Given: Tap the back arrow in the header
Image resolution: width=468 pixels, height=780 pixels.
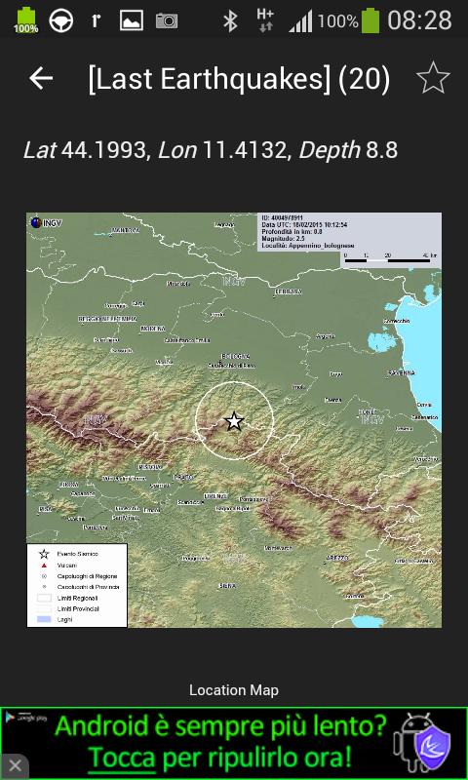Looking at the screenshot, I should pyautogui.click(x=41, y=78).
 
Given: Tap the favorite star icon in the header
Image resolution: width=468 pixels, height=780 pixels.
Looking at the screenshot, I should pyautogui.click(x=433, y=78).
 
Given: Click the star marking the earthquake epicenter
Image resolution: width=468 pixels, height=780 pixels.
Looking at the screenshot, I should pyautogui.click(x=234, y=421).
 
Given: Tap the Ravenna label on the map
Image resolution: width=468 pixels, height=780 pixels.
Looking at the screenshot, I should pyautogui.click(x=401, y=372).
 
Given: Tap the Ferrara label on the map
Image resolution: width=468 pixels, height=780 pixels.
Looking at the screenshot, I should pyautogui.click(x=289, y=292).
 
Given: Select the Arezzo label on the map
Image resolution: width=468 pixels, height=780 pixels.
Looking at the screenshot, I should pyautogui.click(x=337, y=558).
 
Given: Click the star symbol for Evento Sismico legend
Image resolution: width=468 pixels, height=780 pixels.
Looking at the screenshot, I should pyautogui.click(x=44, y=554).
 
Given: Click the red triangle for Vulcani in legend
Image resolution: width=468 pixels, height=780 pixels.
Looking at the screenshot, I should pyautogui.click(x=44, y=565).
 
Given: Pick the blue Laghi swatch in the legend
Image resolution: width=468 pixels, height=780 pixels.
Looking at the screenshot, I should pyautogui.click(x=44, y=618).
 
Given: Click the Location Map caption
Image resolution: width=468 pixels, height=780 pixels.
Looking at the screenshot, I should pyautogui.click(x=234, y=690).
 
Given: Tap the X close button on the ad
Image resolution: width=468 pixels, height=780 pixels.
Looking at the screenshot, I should pyautogui.click(x=15, y=765).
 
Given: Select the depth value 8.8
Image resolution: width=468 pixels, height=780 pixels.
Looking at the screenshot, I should pyautogui.click(x=381, y=150).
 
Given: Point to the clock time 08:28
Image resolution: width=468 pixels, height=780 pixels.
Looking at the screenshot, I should pyautogui.click(x=419, y=20).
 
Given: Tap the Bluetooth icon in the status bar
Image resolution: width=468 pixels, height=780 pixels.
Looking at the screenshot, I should pyautogui.click(x=230, y=20).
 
